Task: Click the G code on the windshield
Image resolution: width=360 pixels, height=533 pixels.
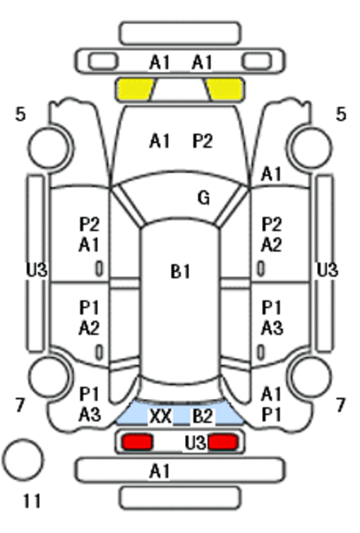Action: click(x=203, y=198)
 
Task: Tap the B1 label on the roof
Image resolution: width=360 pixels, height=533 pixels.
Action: click(x=180, y=272)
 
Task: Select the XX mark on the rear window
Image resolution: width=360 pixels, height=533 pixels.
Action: click(x=160, y=416)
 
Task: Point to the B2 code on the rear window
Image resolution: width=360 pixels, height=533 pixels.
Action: click(x=203, y=416)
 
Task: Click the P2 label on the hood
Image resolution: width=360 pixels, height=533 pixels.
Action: click(x=203, y=140)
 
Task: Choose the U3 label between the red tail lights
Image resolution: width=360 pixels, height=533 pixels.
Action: click(x=195, y=443)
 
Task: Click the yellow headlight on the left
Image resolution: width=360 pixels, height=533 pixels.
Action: click(x=135, y=90)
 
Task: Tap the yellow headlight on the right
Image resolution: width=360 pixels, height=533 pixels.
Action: click(x=225, y=90)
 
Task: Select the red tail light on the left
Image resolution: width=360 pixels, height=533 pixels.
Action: click(x=137, y=442)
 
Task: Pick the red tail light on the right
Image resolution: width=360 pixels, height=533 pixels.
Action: click(x=223, y=442)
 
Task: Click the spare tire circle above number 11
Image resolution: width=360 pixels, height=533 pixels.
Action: click(x=23, y=460)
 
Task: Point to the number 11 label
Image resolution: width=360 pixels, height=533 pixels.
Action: click(x=32, y=501)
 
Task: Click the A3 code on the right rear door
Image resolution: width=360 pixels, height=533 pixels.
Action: click(x=272, y=328)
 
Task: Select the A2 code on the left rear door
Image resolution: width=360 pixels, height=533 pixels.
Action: click(x=89, y=328)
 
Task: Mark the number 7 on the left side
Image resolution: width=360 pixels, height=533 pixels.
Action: click(x=20, y=405)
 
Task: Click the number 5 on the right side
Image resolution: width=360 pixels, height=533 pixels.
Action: click(x=341, y=114)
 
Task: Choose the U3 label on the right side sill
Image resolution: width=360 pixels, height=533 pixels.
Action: click(x=328, y=270)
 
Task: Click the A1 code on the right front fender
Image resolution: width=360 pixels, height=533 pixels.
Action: click(x=271, y=174)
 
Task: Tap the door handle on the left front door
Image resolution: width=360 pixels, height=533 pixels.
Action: click(x=99, y=268)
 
